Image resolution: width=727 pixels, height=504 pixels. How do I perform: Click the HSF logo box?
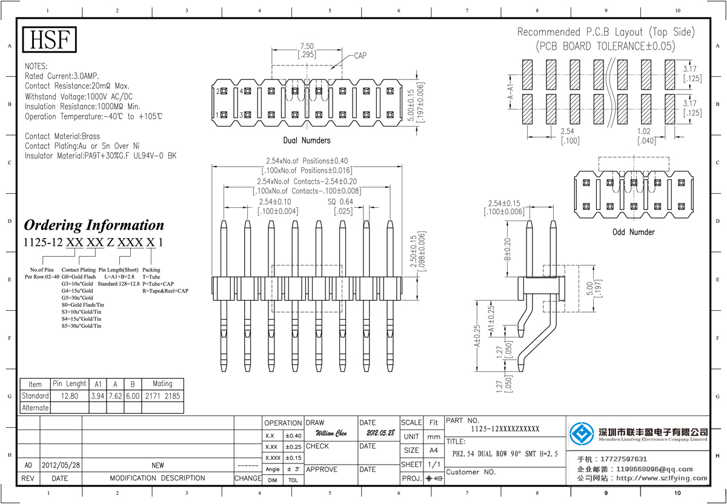tap(50, 40)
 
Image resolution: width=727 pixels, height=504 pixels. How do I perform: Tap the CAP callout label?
tap(360, 56)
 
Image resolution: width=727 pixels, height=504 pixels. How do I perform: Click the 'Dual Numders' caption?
tap(307, 141)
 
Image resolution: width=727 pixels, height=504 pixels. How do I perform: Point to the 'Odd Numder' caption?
tap(633, 232)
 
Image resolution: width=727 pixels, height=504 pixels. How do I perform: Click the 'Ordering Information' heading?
tap(94, 225)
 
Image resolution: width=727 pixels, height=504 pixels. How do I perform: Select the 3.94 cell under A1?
tap(98, 396)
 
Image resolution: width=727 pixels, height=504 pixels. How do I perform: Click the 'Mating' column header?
tap(162, 383)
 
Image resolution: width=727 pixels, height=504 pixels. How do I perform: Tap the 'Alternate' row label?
tap(35, 408)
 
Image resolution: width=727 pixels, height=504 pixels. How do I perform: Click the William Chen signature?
tap(331, 434)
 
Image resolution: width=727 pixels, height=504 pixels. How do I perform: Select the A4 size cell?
tap(433, 450)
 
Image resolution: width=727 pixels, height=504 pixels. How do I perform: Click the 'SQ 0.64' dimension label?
tap(340, 202)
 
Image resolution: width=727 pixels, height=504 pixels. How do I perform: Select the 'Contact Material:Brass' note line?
tap(62, 136)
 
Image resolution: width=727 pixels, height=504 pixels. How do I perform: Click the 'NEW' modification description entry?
tap(158, 465)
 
